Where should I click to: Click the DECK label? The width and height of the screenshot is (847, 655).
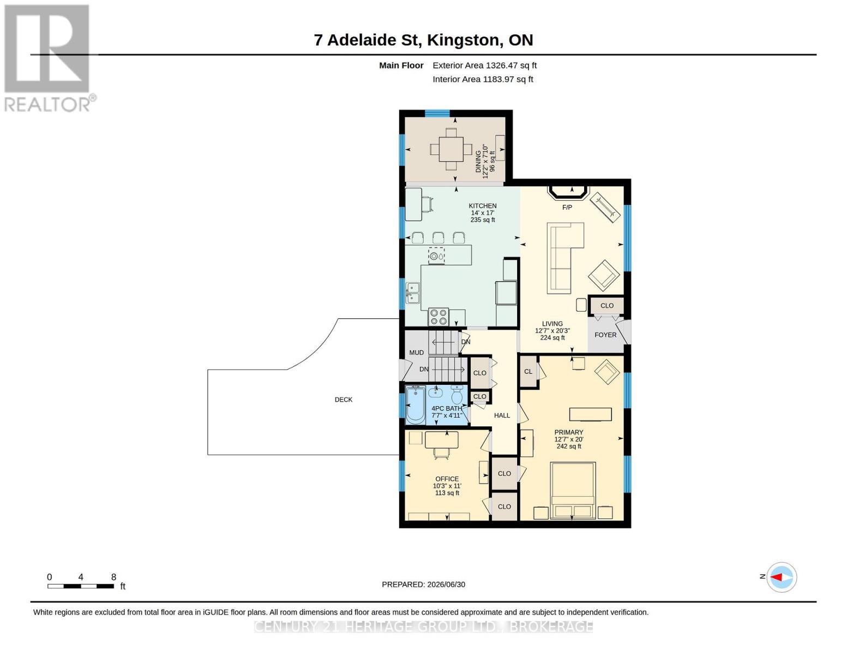tap(343, 400)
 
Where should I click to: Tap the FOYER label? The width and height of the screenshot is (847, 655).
tap(605, 335)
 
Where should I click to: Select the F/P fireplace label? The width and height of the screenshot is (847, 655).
tap(567, 207)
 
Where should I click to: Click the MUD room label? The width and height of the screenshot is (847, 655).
tap(416, 352)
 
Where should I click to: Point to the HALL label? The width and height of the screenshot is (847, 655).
tap(502, 415)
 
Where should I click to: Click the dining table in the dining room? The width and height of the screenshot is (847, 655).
tap(451, 149)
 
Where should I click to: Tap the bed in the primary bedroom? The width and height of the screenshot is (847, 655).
tap(572, 490)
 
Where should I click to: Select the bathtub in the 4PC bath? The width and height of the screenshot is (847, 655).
tap(415, 405)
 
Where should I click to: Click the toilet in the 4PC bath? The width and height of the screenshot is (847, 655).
tap(457, 395)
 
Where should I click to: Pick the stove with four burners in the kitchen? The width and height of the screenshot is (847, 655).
tap(438, 317)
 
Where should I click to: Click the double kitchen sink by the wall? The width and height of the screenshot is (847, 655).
tap(413, 293)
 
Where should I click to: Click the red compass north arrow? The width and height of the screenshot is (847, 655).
tap(776, 576)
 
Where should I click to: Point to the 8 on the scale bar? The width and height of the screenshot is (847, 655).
tap(113, 577)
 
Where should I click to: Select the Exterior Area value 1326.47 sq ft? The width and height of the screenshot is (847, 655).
tap(510, 65)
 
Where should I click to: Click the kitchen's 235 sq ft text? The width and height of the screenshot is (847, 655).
tap(483, 219)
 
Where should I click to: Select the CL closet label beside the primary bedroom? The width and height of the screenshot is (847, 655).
tap(528, 371)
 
